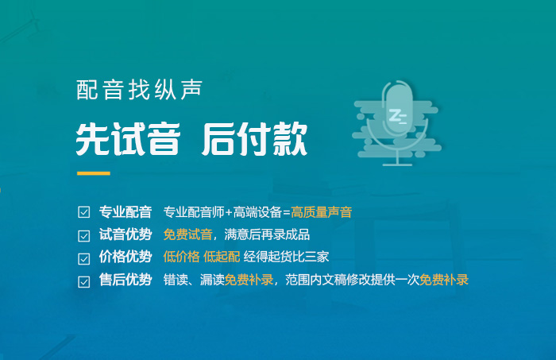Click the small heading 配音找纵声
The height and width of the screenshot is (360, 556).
[139, 90]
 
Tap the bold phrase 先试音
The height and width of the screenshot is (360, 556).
[128, 139]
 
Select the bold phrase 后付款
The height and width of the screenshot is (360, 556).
[255, 139]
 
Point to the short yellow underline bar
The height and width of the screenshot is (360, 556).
[94, 173]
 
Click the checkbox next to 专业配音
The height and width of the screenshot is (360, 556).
[83, 212]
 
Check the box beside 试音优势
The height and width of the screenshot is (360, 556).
[83, 235]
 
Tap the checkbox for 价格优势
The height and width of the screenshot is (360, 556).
[83, 258]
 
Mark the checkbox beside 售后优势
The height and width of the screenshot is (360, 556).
[83, 281]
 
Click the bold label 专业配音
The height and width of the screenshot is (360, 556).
[125, 212]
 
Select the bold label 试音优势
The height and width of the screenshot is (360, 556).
[125, 234]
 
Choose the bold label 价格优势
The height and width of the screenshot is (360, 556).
[125, 257]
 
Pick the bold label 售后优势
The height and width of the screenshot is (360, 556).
[125, 280]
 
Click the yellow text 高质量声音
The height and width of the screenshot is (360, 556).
[321, 212]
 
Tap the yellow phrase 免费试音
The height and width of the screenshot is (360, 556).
[187, 234]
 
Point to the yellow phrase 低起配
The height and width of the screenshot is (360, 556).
[222, 257]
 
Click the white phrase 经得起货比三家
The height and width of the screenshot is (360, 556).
[286, 257]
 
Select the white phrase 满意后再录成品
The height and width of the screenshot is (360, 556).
[267, 234]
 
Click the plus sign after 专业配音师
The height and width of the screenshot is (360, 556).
[229, 212]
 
